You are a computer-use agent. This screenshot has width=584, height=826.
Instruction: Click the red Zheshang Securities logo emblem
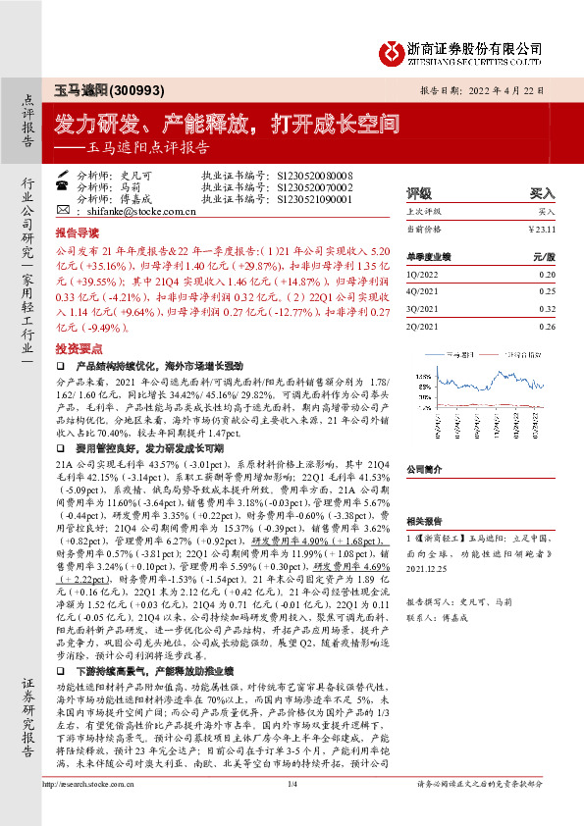(395, 49)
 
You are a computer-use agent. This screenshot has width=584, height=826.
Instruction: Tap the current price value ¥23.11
(544, 228)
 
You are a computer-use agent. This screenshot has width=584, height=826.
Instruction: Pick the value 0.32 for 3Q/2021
(547, 307)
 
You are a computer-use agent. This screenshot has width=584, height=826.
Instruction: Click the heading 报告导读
(76, 235)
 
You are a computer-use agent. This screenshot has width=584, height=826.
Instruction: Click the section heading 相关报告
(425, 522)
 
